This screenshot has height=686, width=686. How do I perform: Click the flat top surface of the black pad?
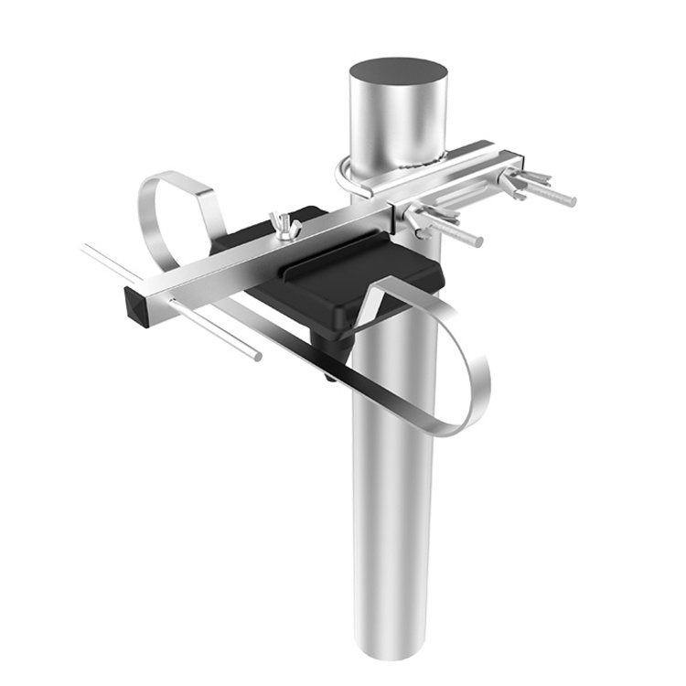click(384, 274)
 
